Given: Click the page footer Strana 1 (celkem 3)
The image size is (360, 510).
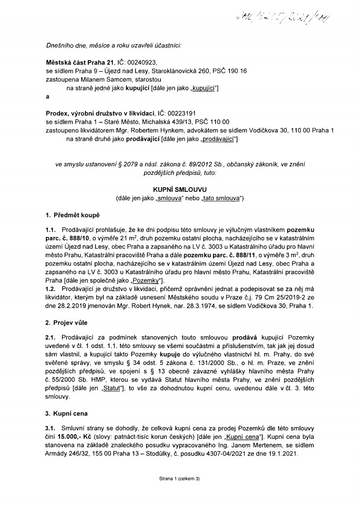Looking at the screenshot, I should click(x=179, y=494).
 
